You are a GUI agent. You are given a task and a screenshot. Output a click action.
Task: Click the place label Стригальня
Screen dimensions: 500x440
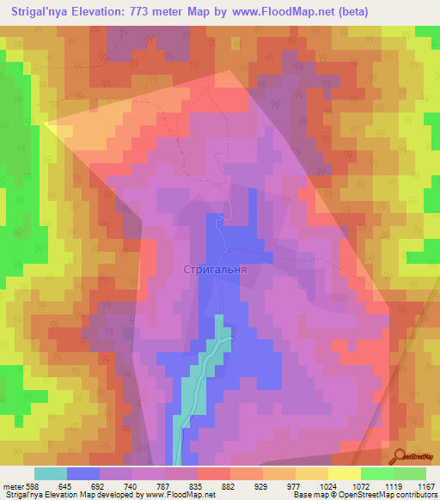click(x=216, y=269)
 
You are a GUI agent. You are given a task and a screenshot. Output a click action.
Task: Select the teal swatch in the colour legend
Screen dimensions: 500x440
click(x=51, y=473)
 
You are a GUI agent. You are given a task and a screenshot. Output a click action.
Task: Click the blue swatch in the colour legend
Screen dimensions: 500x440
click(x=83, y=473)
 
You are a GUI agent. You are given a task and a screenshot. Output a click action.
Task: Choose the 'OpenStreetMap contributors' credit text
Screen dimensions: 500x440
click(x=390, y=495)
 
